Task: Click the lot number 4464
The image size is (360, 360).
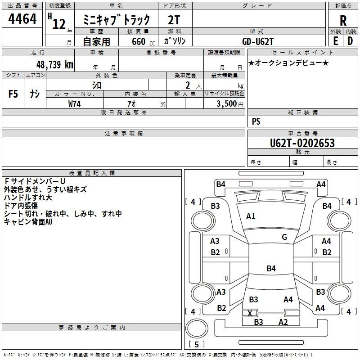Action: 22,20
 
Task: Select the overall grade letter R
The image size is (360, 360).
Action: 343,21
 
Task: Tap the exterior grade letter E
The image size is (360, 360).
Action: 335,40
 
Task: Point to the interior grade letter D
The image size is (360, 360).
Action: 350,40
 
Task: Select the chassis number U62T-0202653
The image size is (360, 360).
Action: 302,143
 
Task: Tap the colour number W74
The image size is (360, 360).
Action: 75,104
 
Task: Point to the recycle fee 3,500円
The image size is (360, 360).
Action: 229,104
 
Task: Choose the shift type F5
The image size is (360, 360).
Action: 13,94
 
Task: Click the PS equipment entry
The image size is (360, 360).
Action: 256,121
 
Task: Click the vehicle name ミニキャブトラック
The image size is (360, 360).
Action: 118,21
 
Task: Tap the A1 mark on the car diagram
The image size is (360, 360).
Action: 251,216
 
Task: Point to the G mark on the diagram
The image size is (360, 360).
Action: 284,237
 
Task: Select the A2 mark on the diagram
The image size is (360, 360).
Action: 283,322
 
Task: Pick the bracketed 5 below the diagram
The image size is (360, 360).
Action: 197,345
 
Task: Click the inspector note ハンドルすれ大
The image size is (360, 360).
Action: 28,198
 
